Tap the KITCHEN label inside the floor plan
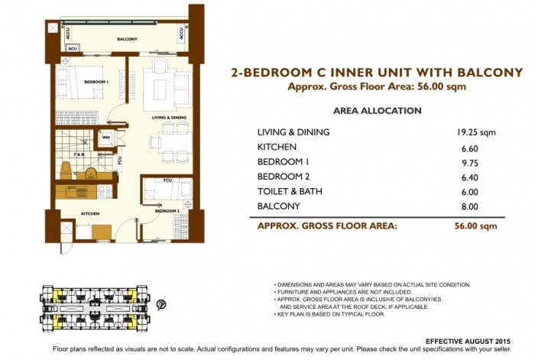click(90, 215)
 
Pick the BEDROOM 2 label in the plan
click(167, 209)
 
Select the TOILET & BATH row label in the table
click(292, 192)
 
